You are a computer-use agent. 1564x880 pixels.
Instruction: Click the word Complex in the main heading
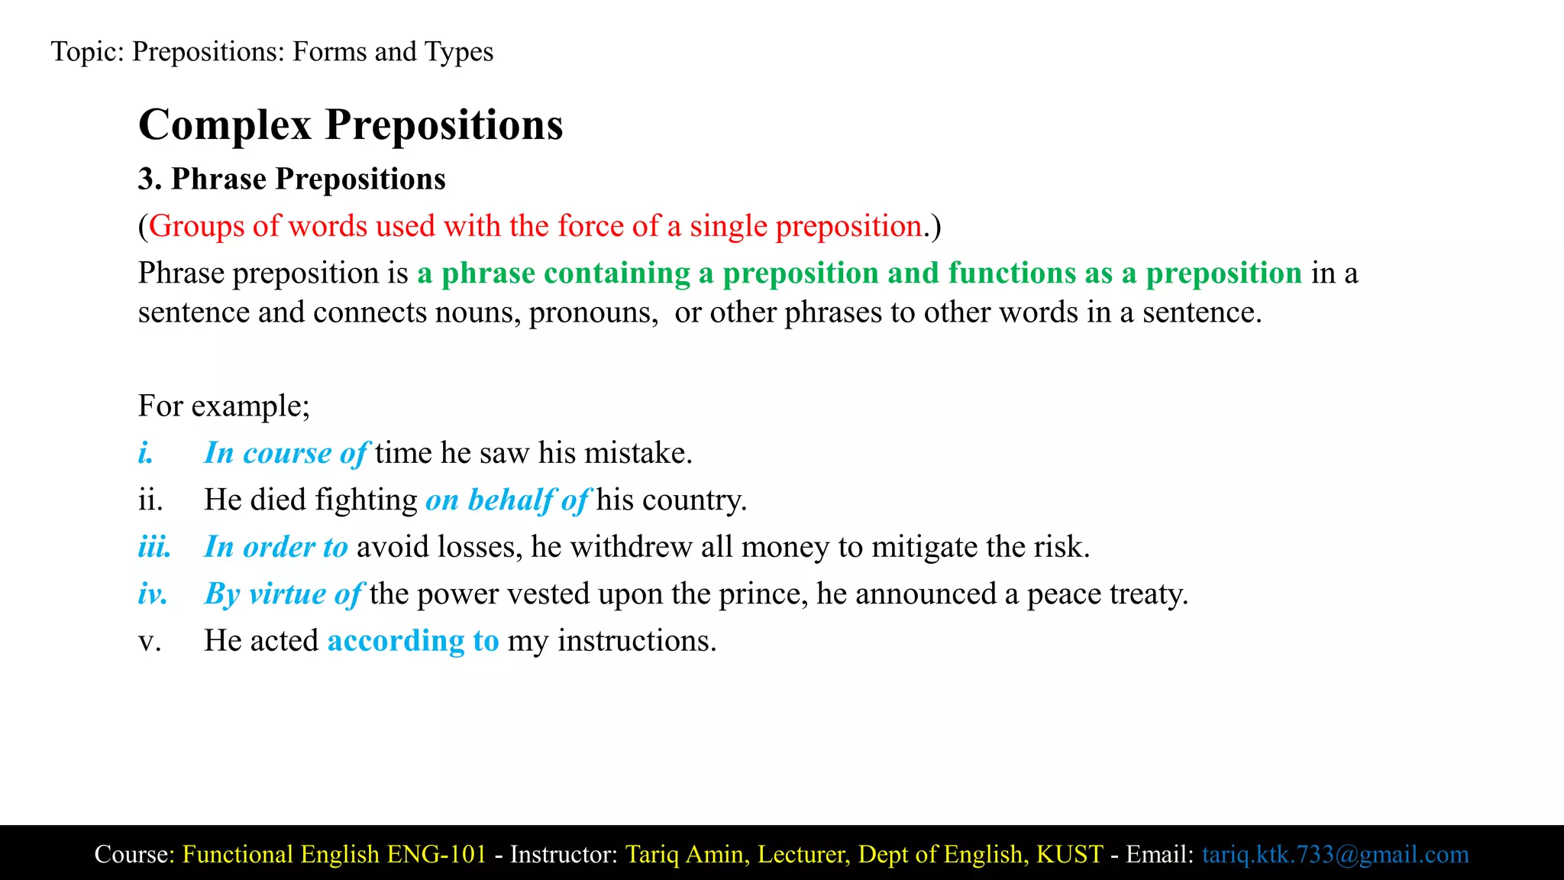[x=225, y=125]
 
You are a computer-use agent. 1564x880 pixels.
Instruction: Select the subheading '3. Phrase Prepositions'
[x=292, y=180]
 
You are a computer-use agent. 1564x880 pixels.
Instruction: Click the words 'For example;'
[x=224, y=406]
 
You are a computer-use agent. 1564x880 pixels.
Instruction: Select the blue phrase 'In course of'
[x=286, y=454]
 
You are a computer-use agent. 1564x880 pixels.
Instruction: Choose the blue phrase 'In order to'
[x=276, y=548]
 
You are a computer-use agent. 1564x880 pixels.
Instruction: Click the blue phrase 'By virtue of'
[x=283, y=594]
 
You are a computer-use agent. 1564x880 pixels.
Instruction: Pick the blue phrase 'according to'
[x=413, y=641]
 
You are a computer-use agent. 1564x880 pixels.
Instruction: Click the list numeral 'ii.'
[x=150, y=500]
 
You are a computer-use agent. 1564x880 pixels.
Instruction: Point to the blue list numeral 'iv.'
[x=153, y=594]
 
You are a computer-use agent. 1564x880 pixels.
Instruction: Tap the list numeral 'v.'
[x=150, y=641]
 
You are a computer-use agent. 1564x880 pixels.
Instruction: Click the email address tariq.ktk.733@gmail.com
[x=1335, y=854]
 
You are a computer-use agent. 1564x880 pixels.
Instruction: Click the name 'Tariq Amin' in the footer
[x=685, y=854]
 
